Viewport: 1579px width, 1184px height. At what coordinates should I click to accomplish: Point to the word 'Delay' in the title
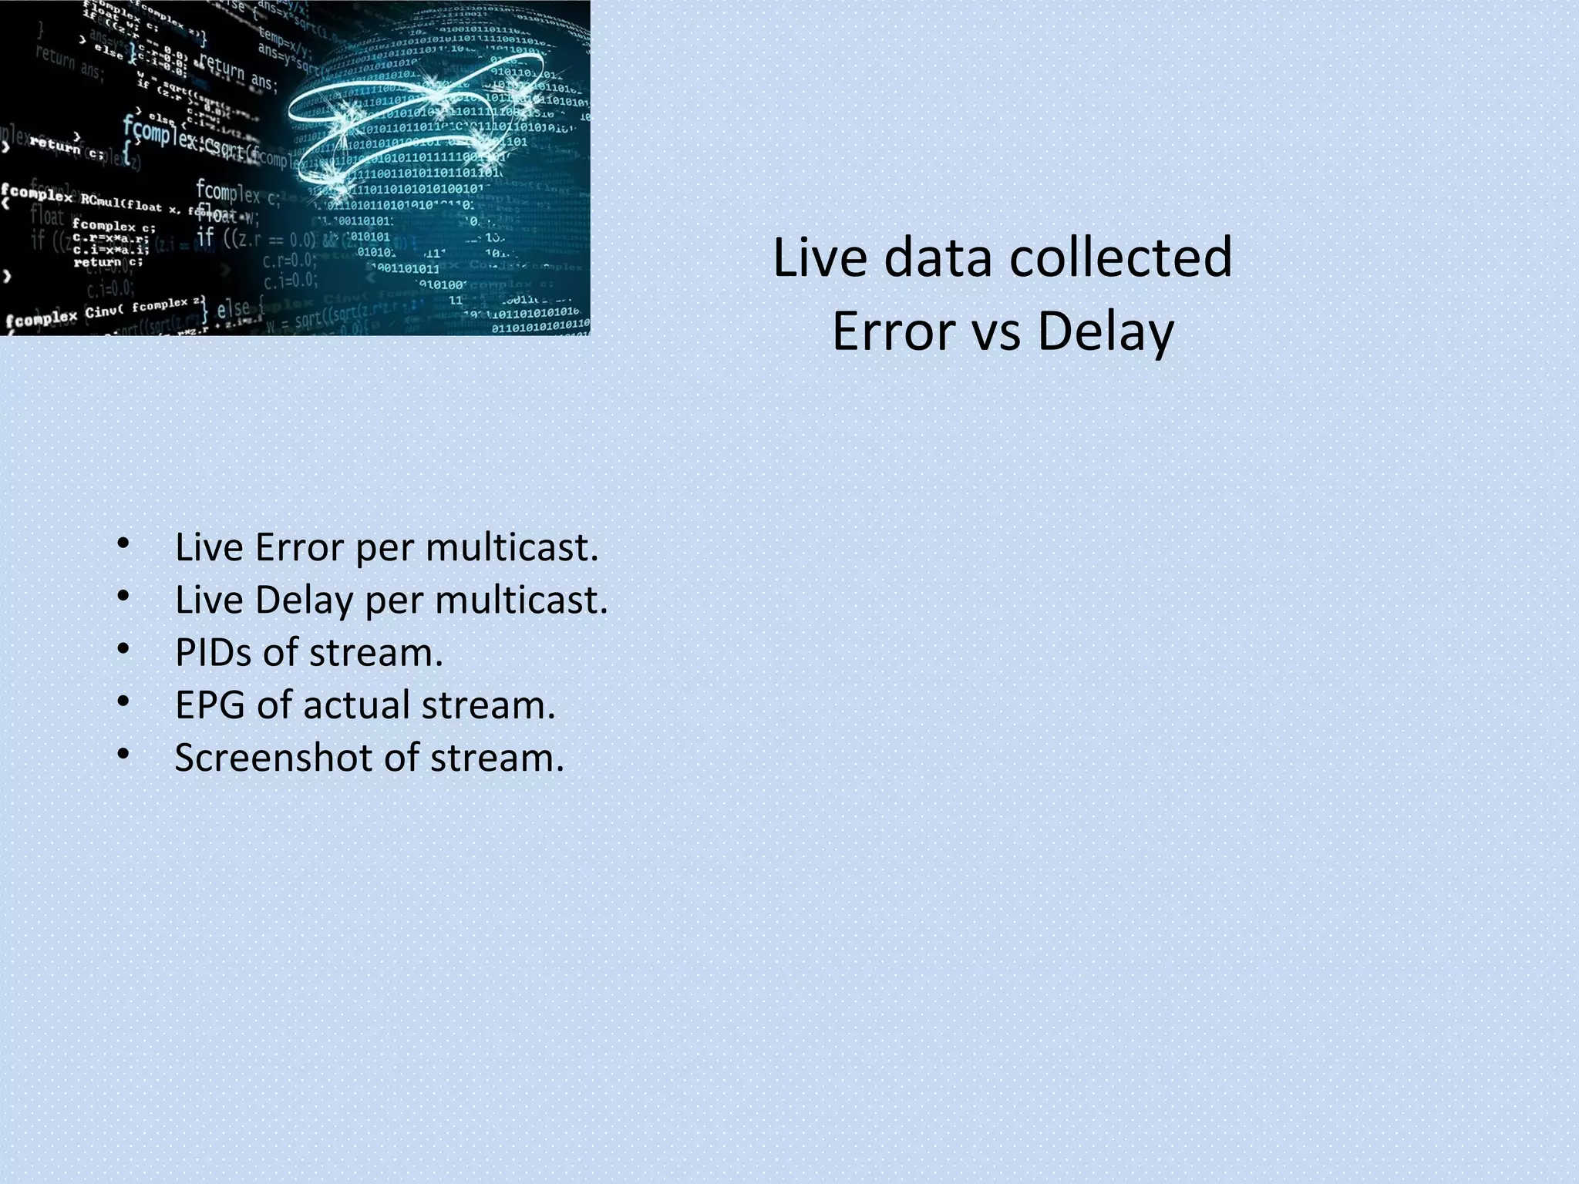(1105, 332)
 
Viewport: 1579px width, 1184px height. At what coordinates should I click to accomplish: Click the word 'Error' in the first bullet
(299, 548)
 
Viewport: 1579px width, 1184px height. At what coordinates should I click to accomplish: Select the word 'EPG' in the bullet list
(210, 705)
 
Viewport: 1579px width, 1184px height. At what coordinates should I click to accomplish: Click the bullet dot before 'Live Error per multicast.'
(123, 544)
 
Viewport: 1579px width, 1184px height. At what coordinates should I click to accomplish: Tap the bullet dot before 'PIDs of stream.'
(123, 649)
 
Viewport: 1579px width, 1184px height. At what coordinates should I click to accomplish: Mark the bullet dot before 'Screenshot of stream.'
(123, 754)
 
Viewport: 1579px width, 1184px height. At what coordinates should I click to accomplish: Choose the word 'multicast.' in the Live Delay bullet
(521, 600)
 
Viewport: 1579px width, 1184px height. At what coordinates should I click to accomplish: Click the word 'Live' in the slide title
(820, 258)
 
